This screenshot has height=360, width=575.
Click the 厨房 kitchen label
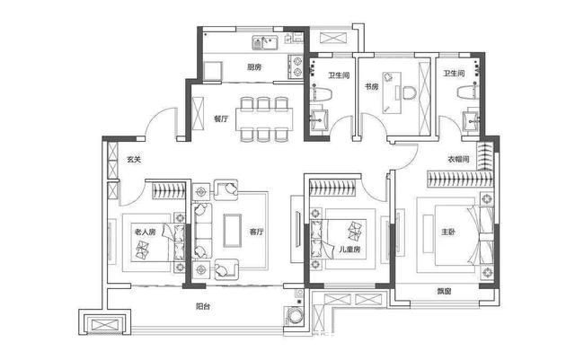(254, 67)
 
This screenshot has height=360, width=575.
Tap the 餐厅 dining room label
(221, 119)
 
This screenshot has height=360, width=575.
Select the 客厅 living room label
(256, 232)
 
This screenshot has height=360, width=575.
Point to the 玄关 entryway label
(134, 160)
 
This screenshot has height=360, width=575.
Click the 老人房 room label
(146, 232)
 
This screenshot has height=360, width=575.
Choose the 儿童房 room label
(349, 250)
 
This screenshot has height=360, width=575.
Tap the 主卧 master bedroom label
(448, 232)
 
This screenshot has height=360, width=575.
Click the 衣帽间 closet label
(458, 159)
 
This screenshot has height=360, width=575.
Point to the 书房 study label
(371, 86)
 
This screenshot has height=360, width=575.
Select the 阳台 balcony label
(203, 306)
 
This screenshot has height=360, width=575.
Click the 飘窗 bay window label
(444, 292)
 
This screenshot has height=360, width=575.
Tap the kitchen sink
(265, 42)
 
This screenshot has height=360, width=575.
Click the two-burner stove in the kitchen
(296, 66)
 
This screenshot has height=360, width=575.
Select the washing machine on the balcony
(294, 316)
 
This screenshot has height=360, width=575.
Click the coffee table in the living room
(233, 231)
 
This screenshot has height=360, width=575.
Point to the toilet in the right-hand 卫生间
(467, 92)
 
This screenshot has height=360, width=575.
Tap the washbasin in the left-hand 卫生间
(320, 119)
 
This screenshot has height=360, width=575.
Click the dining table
(263, 119)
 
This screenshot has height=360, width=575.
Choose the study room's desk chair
(408, 92)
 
